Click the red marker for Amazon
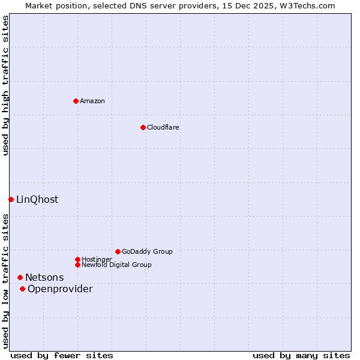76,101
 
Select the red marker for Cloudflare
143,127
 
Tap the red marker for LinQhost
11,199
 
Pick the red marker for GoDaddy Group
118,251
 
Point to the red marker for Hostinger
77,259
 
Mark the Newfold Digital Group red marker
77,265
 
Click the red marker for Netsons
20,277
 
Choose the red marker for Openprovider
22,289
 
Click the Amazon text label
92,101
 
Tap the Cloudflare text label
163,127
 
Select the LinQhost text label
37,199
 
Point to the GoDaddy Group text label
147,251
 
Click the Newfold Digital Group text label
116,265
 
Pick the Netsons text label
44,277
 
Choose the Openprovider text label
60,289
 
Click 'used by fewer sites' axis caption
62,355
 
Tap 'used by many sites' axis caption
301,355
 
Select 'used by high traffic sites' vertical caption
5,85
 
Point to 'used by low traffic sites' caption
5,280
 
